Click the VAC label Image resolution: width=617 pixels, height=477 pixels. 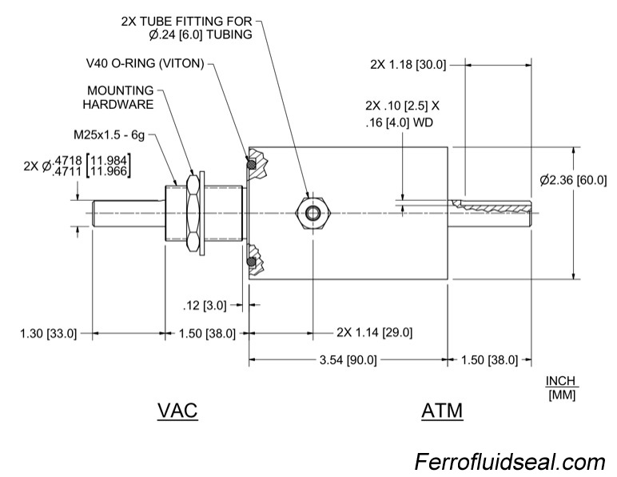click(x=177, y=411)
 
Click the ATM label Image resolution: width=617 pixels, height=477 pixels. click(x=442, y=411)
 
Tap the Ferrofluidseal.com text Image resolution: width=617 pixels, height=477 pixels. click(x=509, y=462)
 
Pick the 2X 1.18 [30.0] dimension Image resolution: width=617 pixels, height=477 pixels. click(x=408, y=64)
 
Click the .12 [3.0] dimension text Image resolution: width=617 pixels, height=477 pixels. click(x=205, y=305)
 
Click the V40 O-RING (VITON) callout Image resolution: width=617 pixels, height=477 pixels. click(x=145, y=62)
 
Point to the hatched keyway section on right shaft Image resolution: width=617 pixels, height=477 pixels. click(x=489, y=207)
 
